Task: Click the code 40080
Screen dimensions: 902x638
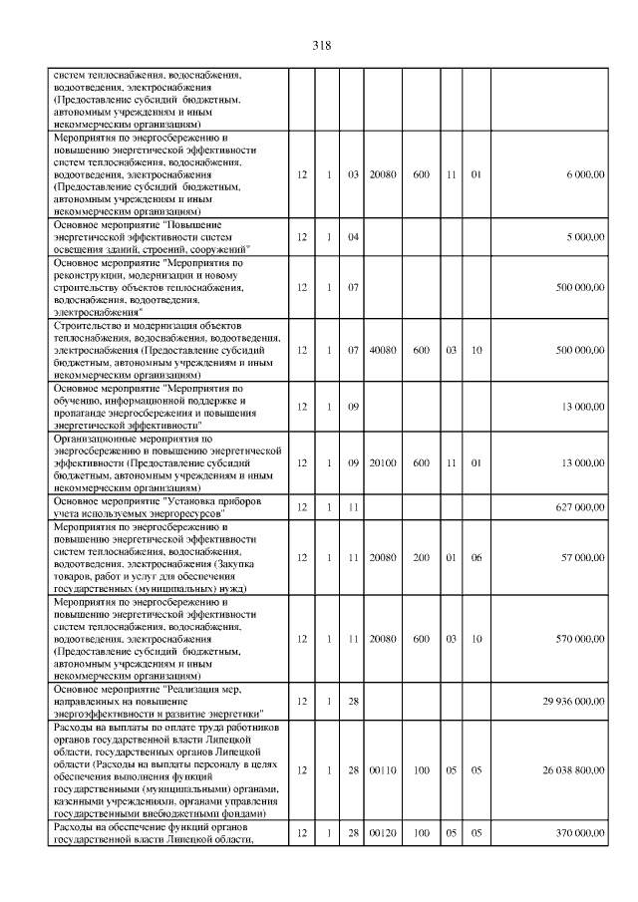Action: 383,350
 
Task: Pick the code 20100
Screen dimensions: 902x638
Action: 383,462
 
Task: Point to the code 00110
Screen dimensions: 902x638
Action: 383,770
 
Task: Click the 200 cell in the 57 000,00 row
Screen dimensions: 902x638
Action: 421,557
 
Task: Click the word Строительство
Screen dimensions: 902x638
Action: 83,326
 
